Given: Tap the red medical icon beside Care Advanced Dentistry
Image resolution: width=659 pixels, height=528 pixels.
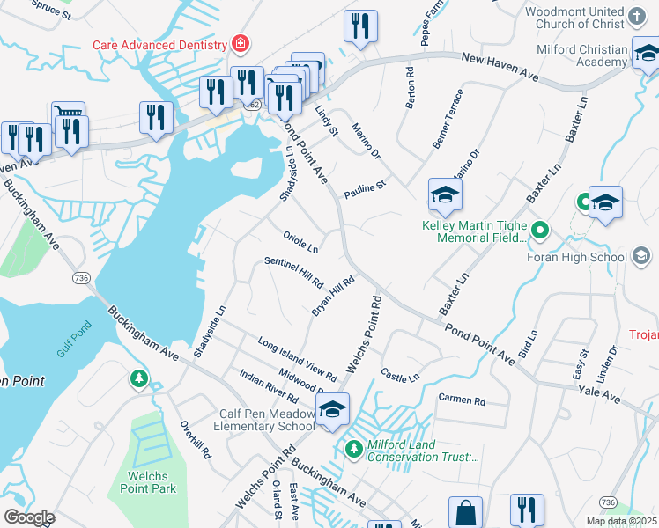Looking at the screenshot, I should (x=238, y=43).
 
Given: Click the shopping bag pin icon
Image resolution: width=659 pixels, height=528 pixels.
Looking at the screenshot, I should (x=465, y=512).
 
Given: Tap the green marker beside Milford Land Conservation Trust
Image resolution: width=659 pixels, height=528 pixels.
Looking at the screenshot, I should (x=353, y=449).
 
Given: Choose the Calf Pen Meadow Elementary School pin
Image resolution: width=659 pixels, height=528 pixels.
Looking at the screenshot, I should (x=331, y=410).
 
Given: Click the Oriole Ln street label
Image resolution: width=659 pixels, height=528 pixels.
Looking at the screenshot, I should (x=300, y=239).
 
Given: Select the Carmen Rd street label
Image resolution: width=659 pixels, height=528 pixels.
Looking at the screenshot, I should (x=462, y=400).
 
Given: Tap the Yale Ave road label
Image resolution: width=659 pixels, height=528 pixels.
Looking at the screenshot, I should (x=599, y=399).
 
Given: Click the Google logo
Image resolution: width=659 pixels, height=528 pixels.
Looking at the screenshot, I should (x=29, y=517).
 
